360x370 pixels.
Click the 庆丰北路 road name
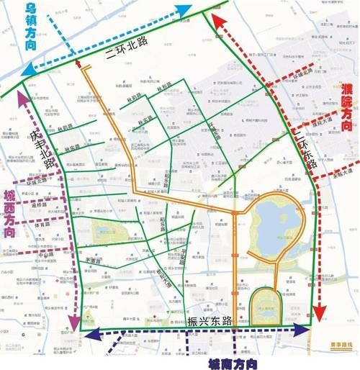pyautogui.click(x=45, y=148)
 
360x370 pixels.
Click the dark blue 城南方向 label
pyautogui.click(x=233, y=363)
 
